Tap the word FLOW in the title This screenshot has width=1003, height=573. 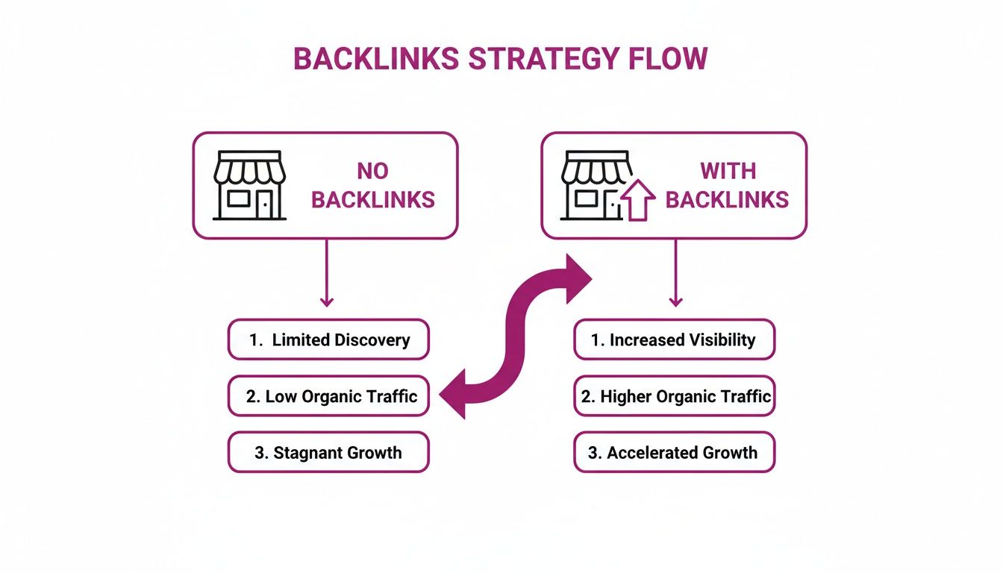click(x=669, y=59)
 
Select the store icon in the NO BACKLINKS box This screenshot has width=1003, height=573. click(x=249, y=186)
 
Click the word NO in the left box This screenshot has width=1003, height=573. click(x=372, y=171)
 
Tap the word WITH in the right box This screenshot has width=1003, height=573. click(x=727, y=171)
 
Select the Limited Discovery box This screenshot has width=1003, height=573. click(x=328, y=340)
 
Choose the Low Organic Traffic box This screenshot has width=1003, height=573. click(x=328, y=396)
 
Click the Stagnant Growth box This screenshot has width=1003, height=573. click(x=328, y=452)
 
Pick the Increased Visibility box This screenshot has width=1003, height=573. click(x=674, y=340)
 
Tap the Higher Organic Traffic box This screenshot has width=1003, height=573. click(x=674, y=396)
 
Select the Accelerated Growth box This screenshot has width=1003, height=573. click(x=674, y=452)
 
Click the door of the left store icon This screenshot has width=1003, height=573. click(x=265, y=204)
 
